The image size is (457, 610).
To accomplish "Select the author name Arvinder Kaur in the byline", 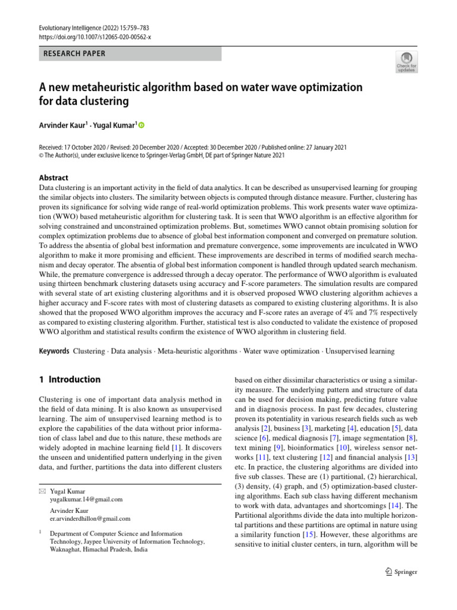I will click(x=64, y=125).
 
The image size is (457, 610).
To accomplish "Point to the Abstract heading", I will click(x=54, y=178).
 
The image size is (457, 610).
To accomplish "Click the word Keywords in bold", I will click(x=54, y=351).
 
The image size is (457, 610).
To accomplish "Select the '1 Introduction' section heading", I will click(x=70, y=379).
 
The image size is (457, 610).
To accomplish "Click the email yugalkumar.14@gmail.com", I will click(x=87, y=499).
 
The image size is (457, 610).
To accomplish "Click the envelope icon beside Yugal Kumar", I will click(x=42, y=491).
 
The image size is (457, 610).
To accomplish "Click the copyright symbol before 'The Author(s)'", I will click(x=42, y=155).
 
